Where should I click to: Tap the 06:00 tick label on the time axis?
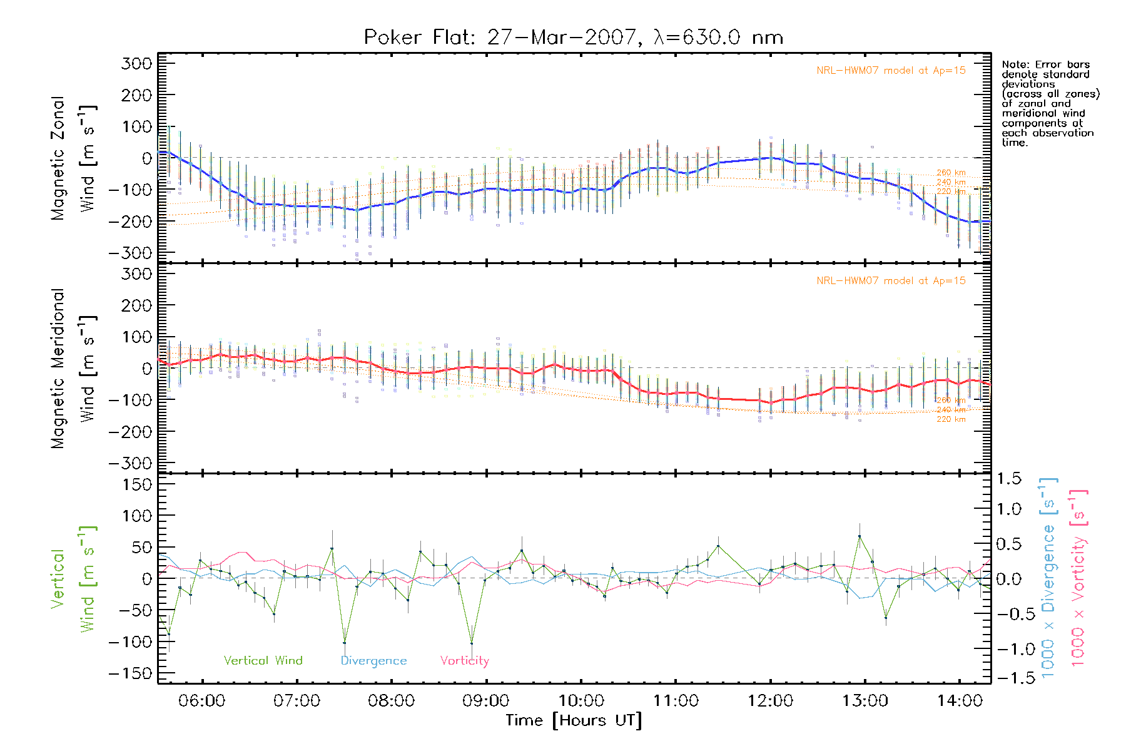(201, 700)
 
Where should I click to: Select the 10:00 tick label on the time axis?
(581, 700)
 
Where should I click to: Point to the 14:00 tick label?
(960, 700)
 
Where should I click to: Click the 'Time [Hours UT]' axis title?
(574, 720)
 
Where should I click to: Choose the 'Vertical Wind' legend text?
(263, 660)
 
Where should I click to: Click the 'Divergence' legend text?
(373, 660)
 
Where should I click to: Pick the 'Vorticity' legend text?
(464, 660)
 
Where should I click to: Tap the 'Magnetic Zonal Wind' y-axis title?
(73, 158)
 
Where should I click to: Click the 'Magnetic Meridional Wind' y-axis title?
(73, 368)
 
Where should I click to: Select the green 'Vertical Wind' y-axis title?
(73, 579)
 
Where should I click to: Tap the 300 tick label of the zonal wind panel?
(136, 63)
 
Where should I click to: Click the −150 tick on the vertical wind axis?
(130, 673)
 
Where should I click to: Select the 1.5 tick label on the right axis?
(1008, 479)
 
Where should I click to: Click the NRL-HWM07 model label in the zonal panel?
(891, 71)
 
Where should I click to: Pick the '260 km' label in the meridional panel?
(951, 400)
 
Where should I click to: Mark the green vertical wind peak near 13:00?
(860, 536)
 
